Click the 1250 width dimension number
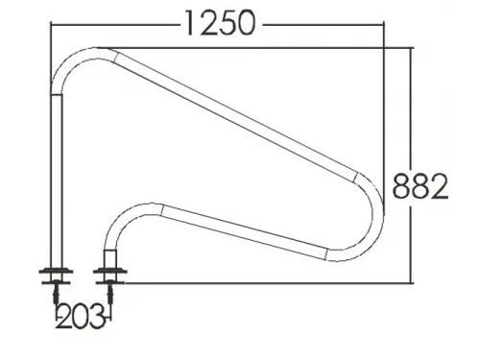221,23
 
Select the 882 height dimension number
420,186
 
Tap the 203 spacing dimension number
81,316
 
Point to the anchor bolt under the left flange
57,292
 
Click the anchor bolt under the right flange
110,292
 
